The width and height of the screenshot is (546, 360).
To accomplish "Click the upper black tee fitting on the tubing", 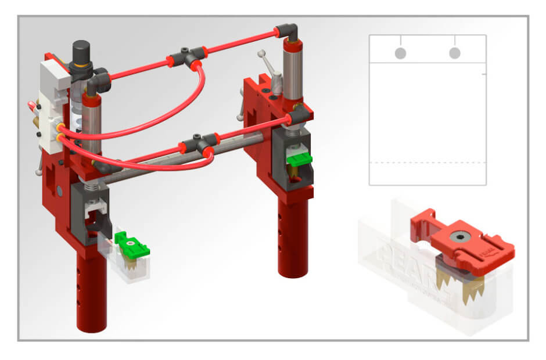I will (186, 56).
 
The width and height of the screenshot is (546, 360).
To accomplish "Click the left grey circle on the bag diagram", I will (400, 53).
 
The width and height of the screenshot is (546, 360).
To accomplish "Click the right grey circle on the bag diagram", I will (455, 53).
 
